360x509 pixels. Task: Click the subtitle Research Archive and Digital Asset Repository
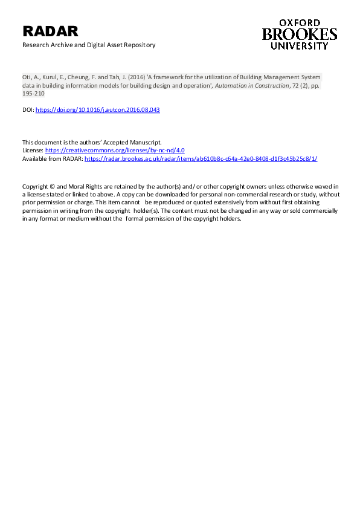(89, 45)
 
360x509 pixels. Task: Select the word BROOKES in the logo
(300, 34)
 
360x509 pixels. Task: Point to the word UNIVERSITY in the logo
(300, 46)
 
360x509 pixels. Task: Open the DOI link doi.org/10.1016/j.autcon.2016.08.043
(98, 110)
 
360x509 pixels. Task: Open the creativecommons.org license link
(115, 150)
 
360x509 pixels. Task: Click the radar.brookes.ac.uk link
(201, 158)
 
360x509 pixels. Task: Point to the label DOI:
(28, 110)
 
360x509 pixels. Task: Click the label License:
(33, 150)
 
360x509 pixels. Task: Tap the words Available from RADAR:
(53, 158)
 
